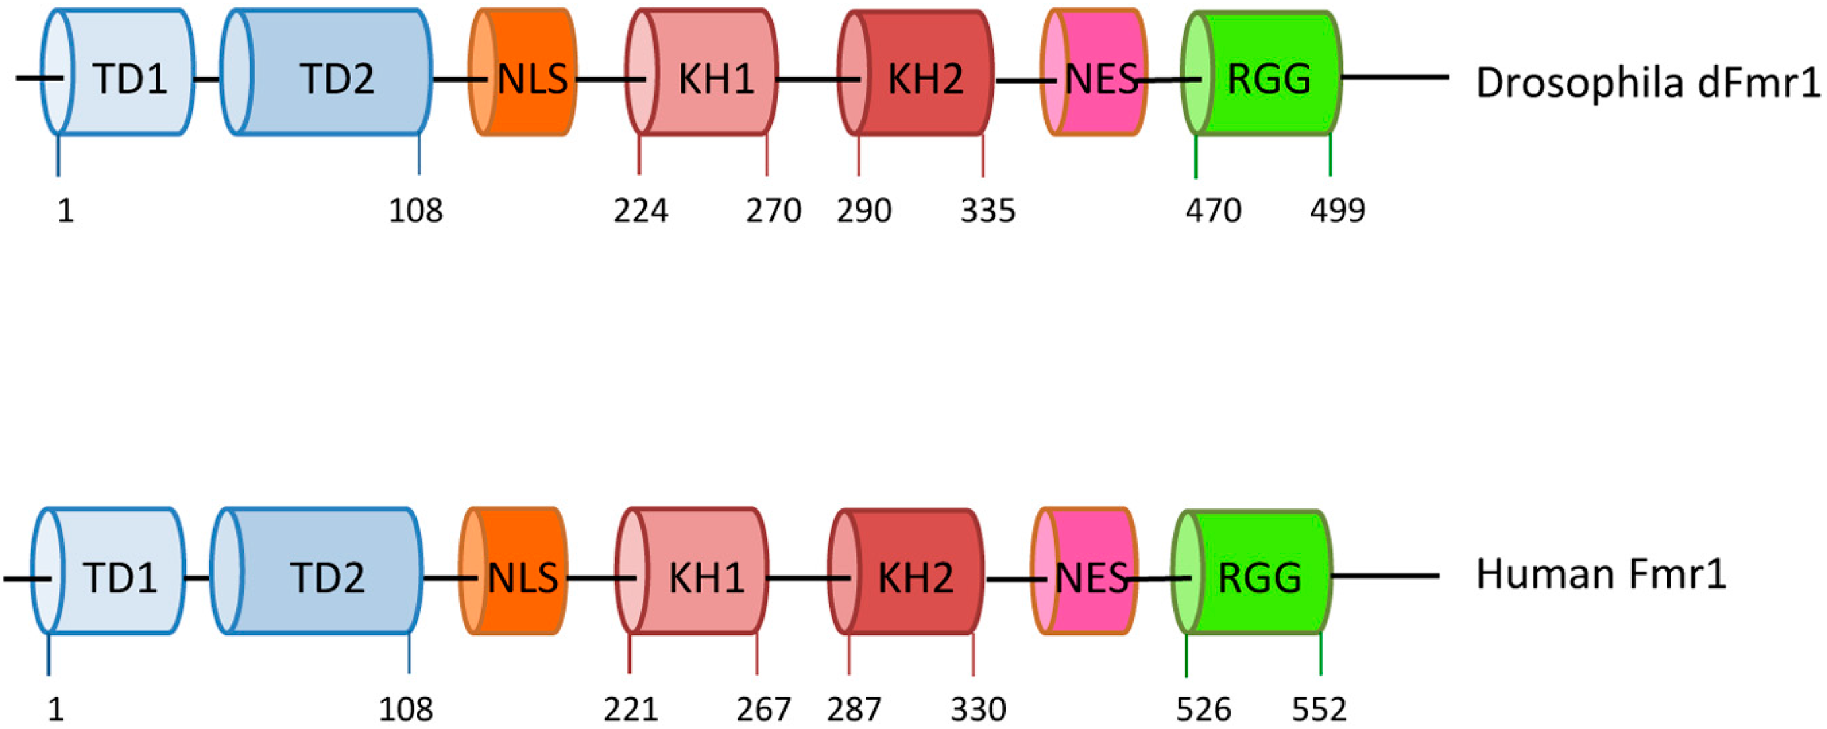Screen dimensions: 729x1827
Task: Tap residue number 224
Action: tap(640, 211)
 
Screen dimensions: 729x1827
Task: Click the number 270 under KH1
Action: tap(773, 211)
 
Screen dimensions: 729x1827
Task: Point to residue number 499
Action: tap(1337, 211)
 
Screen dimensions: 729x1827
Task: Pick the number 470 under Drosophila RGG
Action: tap(1213, 211)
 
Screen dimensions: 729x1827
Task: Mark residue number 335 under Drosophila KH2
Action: tap(987, 211)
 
